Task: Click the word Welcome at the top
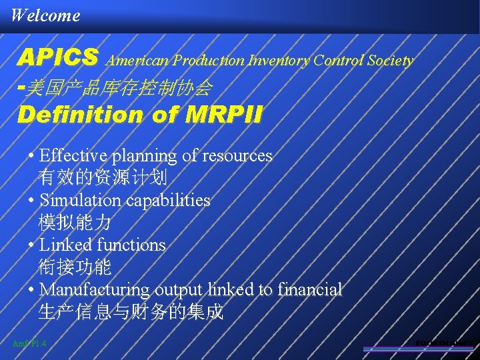click(x=45, y=15)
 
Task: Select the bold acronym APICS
click(x=59, y=58)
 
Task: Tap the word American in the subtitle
click(x=139, y=61)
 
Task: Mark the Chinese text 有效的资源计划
click(x=103, y=177)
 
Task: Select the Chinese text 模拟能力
click(x=75, y=223)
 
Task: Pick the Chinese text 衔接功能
click(x=75, y=267)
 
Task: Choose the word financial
click(x=310, y=290)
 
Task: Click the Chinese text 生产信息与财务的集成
click(x=131, y=312)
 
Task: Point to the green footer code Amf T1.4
click(x=29, y=343)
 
